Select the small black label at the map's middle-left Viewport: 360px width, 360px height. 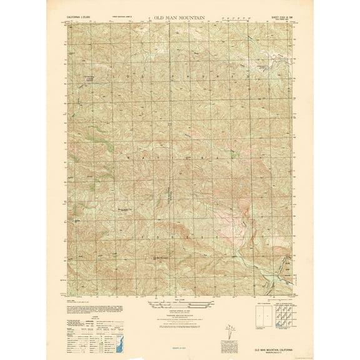pos(126,210)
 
